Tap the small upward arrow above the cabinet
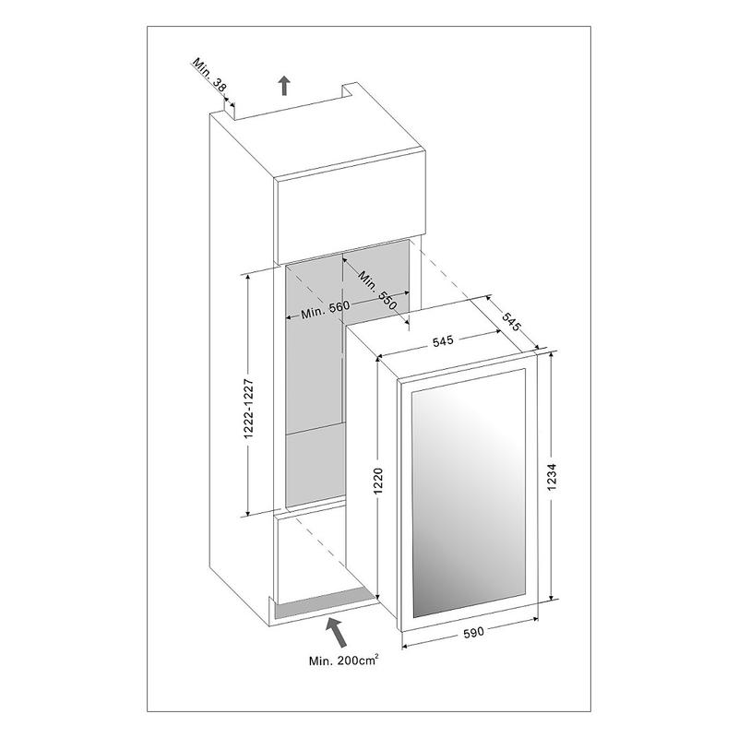(284, 86)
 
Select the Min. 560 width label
(326, 309)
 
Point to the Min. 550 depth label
(378, 291)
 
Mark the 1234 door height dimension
(553, 477)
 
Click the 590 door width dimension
(473, 632)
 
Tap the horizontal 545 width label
(443, 340)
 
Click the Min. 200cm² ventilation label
(343, 661)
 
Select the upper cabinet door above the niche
(351, 207)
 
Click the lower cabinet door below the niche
(312, 558)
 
